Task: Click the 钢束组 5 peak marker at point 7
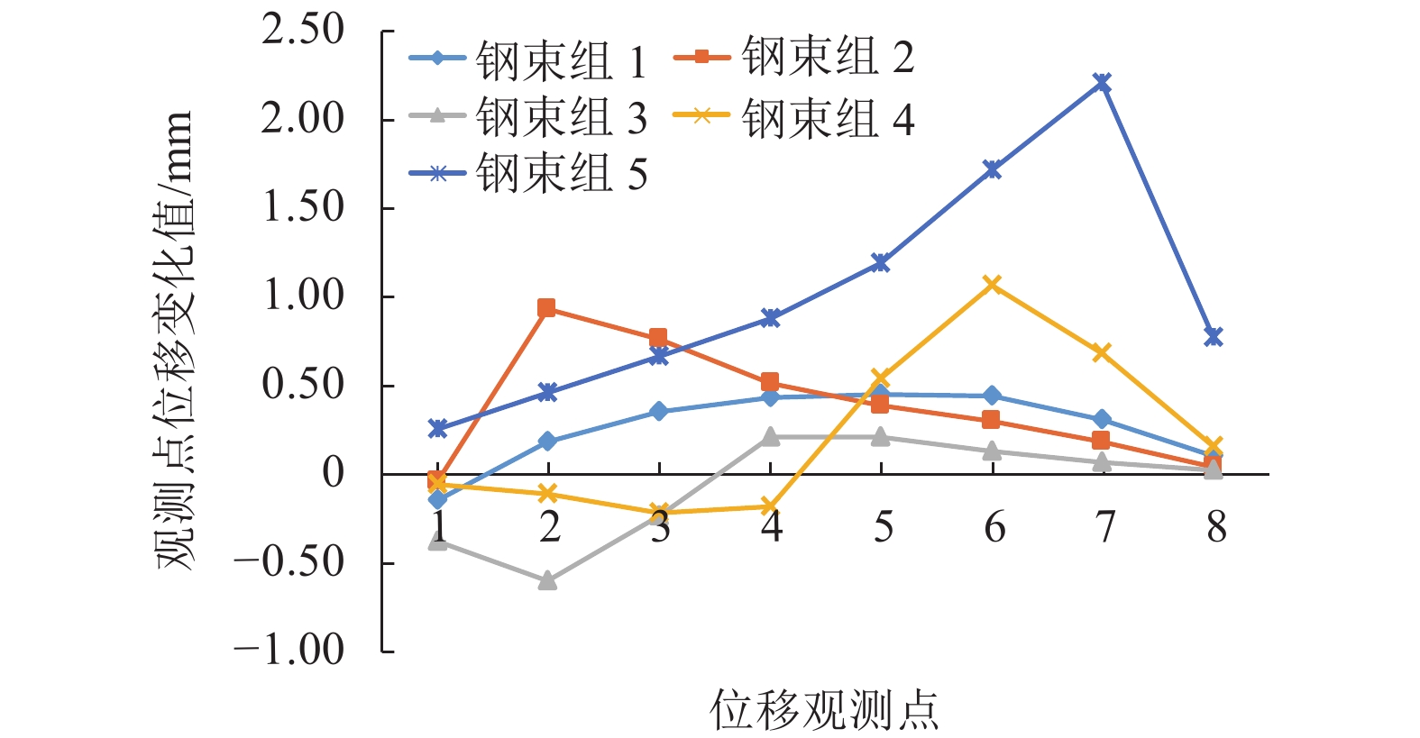click(x=1102, y=83)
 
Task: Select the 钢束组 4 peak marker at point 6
click(x=992, y=285)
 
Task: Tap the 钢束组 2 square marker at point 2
click(x=546, y=308)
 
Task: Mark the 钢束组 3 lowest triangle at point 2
click(x=547, y=581)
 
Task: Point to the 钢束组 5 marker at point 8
click(x=1214, y=336)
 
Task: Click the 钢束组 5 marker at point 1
click(x=437, y=428)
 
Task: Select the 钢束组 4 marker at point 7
click(x=1102, y=352)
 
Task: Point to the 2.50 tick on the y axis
click(x=304, y=31)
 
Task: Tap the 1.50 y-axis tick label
click(x=304, y=208)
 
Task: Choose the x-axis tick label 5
click(x=883, y=527)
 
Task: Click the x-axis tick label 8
click(x=1216, y=527)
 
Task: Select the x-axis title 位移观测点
click(x=824, y=711)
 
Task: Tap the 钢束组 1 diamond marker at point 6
click(x=992, y=396)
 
